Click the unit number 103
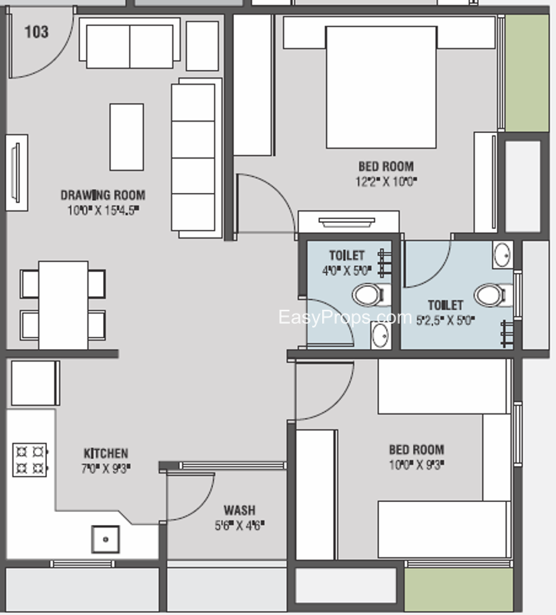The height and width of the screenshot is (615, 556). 36,32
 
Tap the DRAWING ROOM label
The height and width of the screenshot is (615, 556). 102,194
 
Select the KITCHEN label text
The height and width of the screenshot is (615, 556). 105,453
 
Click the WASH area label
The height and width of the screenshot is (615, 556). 239,510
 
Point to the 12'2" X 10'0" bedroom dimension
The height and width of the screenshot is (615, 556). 385,181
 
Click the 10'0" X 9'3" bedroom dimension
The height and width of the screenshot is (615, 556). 416,464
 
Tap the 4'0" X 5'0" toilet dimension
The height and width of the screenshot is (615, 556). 347,270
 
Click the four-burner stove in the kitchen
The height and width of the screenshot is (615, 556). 31,460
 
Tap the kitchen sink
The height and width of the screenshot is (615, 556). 105,539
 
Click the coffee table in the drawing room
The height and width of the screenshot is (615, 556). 126,137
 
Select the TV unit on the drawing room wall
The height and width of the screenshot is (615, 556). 16,172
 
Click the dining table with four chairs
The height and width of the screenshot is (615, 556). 63,304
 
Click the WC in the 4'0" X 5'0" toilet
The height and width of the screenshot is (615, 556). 368,294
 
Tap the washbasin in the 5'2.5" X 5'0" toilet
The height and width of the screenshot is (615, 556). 502,254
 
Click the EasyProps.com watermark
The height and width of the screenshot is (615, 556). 344,317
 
